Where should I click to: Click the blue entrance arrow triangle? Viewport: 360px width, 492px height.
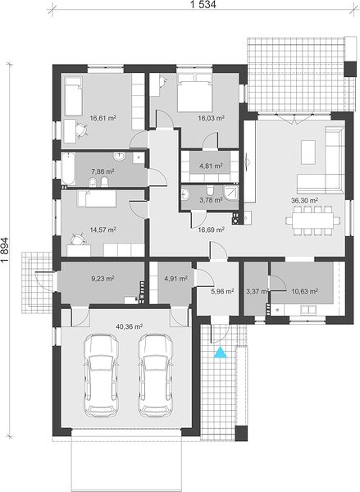coord(221,353)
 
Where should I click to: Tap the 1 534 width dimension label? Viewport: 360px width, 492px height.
coord(203,4)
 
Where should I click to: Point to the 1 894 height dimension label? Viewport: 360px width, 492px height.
coord(6,248)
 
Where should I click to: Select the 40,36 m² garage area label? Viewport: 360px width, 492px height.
coord(130,326)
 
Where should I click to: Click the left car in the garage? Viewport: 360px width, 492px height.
coord(101,376)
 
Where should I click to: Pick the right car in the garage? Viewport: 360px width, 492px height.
coord(156,376)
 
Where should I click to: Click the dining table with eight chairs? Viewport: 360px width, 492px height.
coord(312,221)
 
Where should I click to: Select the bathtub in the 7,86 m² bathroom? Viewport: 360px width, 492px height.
coord(68,168)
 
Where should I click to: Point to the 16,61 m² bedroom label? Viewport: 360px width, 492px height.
coord(103,118)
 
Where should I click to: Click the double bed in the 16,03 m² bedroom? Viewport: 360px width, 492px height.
coord(194,93)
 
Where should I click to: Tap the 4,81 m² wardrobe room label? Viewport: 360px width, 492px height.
coord(211,166)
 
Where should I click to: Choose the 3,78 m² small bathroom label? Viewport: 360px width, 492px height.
coord(211,199)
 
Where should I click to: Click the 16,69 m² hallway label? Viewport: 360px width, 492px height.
coord(211,230)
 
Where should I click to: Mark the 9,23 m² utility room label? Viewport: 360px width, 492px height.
coord(103,278)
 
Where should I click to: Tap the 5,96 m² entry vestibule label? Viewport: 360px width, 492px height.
coord(222,291)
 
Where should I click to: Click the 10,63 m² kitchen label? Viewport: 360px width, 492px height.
coord(305,291)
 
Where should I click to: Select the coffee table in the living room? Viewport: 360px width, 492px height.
coord(308,153)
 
